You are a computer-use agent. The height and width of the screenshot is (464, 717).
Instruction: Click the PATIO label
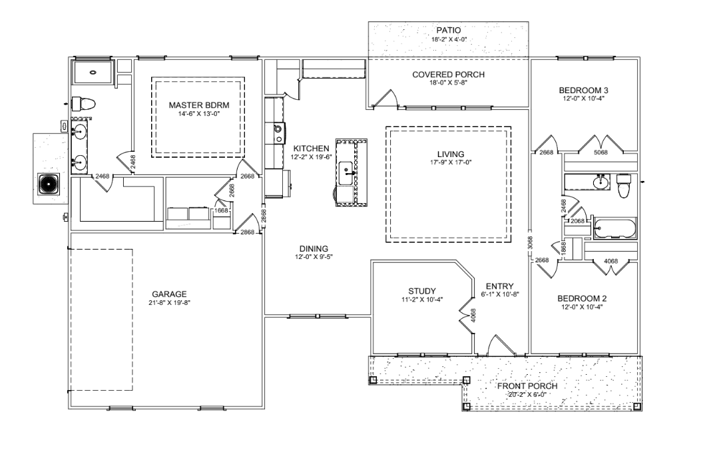(x=448, y=31)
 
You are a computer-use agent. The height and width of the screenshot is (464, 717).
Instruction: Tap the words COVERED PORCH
(x=448, y=75)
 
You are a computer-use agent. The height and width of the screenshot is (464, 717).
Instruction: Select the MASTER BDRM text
(x=199, y=105)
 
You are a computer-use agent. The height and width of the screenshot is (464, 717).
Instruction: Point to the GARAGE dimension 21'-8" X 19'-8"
(x=169, y=302)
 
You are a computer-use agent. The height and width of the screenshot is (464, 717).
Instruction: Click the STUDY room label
(x=422, y=291)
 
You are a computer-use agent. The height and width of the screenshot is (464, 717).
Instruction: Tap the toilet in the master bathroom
(x=83, y=105)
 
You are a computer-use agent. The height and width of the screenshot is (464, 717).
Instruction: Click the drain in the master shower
(x=93, y=72)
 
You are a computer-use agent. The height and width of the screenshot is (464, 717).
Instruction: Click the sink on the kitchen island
(x=346, y=173)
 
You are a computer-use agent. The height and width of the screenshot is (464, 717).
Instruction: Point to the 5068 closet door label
(x=600, y=152)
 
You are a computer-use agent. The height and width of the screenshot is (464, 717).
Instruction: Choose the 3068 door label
(x=530, y=242)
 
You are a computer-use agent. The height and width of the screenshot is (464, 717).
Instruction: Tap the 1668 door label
(x=221, y=210)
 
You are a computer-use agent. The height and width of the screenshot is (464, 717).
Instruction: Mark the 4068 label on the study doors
(x=473, y=315)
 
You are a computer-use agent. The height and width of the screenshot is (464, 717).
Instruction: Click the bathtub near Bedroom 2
(x=614, y=228)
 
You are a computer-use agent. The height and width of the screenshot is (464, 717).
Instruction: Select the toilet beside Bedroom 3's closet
(x=623, y=186)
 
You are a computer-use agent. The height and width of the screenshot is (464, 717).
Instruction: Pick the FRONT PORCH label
(x=528, y=386)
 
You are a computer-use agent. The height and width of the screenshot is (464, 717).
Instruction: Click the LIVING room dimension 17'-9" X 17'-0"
(x=451, y=162)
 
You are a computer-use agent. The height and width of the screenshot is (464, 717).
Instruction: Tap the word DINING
(x=314, y=249)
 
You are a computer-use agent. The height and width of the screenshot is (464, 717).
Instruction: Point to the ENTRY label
(x=500, y=287)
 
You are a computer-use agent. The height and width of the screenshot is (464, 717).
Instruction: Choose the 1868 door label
(x=563, y=248)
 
